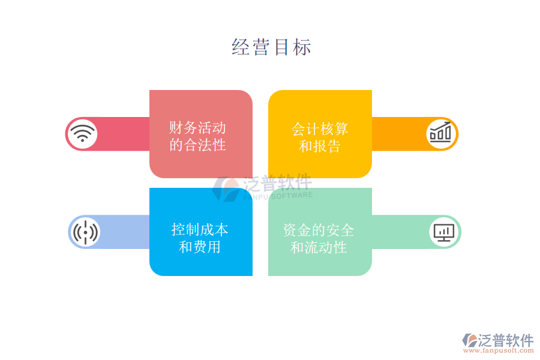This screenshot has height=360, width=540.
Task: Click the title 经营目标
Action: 271,47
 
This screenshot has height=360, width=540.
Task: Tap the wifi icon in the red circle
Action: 82,133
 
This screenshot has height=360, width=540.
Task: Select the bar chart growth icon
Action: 441,133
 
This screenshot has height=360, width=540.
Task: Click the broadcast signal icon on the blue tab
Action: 85,232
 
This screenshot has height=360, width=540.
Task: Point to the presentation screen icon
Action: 444,232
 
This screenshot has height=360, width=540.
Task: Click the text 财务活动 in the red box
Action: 197,128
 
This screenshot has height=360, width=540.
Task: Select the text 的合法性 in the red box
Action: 197,145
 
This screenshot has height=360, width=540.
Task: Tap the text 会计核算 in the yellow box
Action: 320,129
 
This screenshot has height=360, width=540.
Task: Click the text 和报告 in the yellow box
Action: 320,146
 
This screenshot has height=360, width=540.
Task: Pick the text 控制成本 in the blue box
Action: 200,229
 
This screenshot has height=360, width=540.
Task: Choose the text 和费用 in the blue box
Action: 200,247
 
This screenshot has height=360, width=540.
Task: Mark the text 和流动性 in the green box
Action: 319,247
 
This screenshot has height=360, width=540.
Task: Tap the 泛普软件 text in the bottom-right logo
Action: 506,340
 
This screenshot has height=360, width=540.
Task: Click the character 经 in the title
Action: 241,47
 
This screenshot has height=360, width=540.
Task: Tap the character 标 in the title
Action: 302,47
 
